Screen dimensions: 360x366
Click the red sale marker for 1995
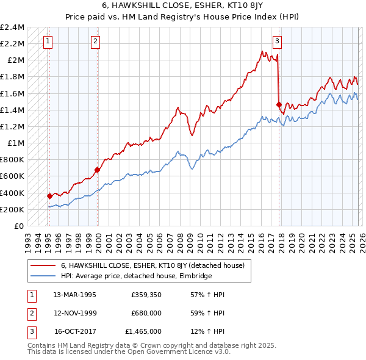tap(50, 196)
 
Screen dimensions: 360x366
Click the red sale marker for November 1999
tap(97, 170)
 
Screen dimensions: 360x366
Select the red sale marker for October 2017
tap(279, 104)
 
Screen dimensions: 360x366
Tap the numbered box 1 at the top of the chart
tap(48, 41)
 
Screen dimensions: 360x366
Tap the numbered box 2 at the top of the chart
tap(96, 41)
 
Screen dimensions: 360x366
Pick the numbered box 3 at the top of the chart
tap(277, 41)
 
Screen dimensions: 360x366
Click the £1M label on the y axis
tap(16, 143)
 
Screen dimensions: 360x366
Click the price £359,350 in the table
tap(146, 295)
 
